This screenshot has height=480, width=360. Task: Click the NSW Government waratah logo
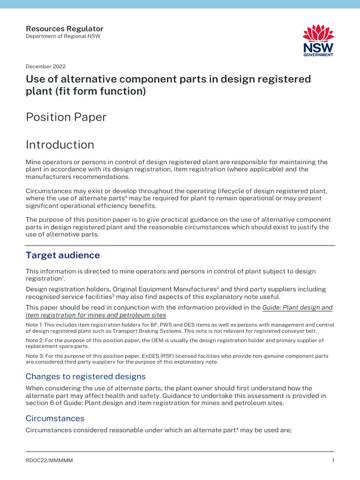click(318, 40)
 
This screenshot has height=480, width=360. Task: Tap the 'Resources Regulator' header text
click(64, 29)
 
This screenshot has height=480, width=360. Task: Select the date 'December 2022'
click(45, 67)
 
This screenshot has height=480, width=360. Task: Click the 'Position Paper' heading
click(66, 117)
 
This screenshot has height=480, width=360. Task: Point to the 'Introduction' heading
click(60, 144)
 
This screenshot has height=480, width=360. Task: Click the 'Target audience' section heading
click(63, 255)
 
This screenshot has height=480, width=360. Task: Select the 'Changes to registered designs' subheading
click(85, 376)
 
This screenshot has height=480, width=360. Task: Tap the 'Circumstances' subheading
click(55, 418)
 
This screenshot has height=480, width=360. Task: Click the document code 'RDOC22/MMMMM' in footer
click(49, 461)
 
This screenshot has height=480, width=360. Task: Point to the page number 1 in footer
click(333, 461)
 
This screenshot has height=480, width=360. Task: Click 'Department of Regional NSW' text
click(63, 37)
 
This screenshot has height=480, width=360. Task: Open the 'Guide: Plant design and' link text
click(297, 307)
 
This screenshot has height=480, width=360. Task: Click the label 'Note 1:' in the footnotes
click(35, 324)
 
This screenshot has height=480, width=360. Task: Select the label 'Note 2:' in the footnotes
click(35, 340)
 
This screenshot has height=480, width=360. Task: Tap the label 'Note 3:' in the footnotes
click(35, 356)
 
